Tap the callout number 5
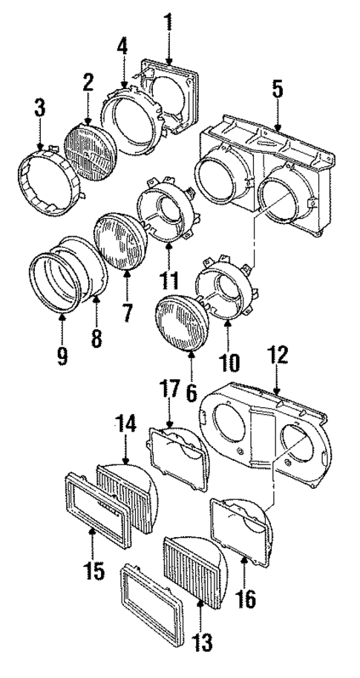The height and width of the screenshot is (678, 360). pos(277,90)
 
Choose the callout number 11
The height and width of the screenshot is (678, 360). pos(171,281)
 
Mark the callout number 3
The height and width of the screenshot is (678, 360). pos(40,108)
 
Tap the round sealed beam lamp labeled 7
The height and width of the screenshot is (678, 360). pos(119,240)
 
